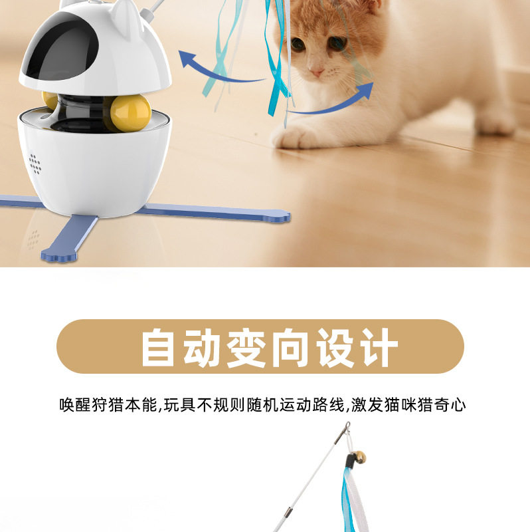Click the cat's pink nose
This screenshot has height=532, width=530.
[x=317, y=72]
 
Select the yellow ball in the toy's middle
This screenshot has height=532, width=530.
[x=130, y=113]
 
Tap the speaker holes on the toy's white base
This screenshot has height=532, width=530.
[x=35, y=164]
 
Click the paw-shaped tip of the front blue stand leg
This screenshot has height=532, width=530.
[x=58, y=255]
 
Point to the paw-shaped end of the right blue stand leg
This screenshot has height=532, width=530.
[x=282, y=217]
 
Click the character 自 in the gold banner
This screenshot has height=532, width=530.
[x=158, y=347]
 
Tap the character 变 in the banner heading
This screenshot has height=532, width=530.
[x=246, y=347]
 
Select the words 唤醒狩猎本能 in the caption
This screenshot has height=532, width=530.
[x=108, y=405]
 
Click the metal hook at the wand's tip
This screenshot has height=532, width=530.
[x=347, y=427]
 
